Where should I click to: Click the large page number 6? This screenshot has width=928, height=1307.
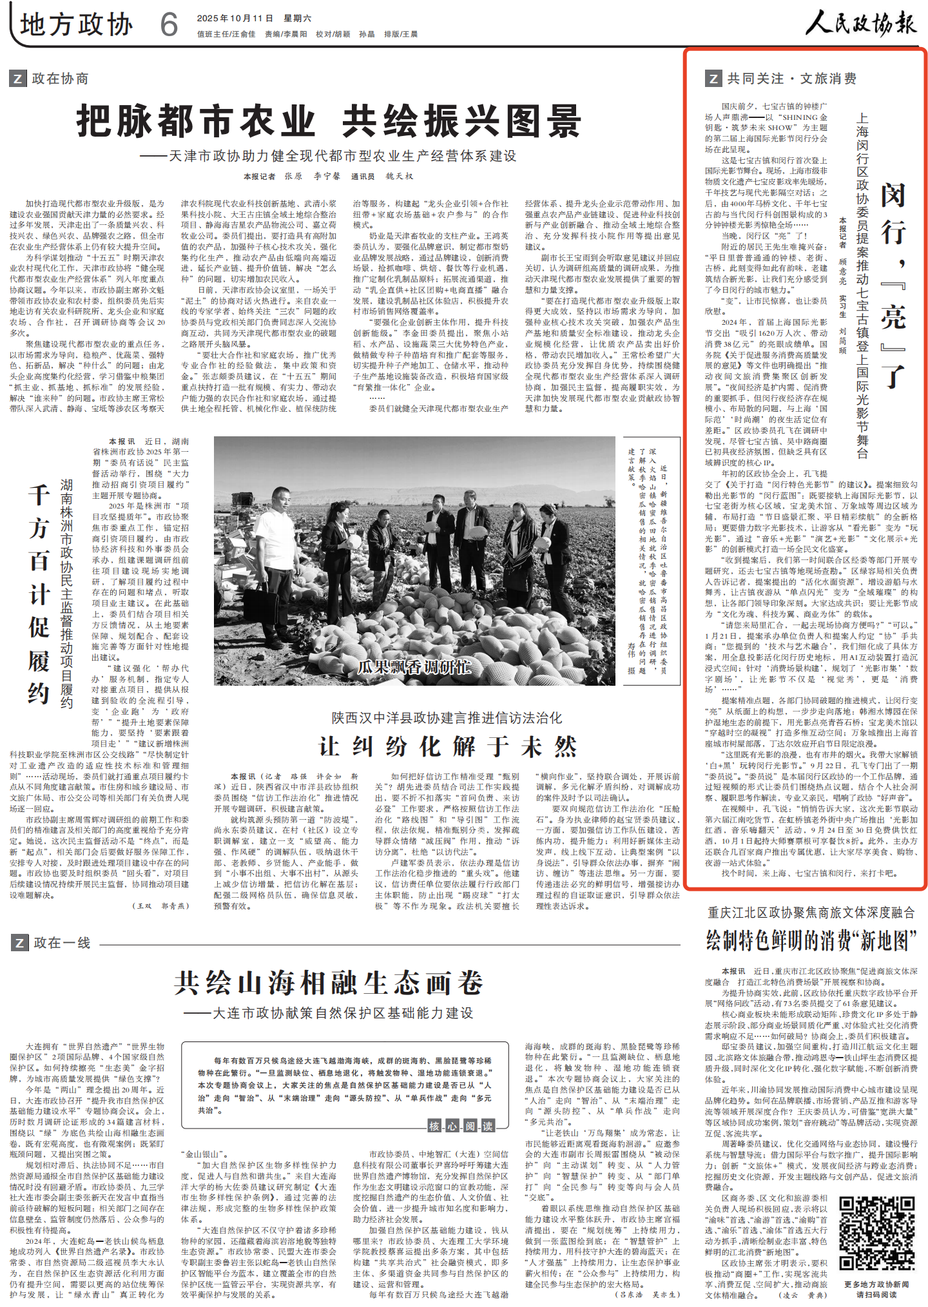pos(169,25)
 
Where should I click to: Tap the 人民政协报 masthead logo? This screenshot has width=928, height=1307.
pos(860,24)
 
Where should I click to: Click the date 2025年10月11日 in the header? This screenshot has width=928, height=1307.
pos(235,18)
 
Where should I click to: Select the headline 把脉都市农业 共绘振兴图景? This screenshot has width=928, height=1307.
pos(329,121)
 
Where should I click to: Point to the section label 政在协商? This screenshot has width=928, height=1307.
pos(59,79)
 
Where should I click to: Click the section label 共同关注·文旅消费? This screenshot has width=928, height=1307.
pos(791,79)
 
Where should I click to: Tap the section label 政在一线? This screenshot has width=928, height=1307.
pos(61,943)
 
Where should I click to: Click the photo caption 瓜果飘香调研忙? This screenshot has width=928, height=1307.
pos(414,666)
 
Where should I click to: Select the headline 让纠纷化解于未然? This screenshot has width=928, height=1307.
pos(447,746)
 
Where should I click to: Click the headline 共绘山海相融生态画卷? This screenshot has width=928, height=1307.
pos(328,983)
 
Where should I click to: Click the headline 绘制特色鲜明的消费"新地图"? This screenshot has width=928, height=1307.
pos(811,940)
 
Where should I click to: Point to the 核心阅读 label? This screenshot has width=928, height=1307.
pos(461,1126)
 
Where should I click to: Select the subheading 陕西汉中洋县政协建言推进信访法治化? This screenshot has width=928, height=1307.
pos(447,718)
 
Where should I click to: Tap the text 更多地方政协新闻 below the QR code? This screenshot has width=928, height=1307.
pos(876,1284)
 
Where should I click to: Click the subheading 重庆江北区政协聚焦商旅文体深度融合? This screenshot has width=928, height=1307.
pos(811,912)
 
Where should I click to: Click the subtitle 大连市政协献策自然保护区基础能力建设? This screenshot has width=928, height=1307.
pos(328,1013)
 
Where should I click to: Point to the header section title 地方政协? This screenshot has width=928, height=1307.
pos(76,24)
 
